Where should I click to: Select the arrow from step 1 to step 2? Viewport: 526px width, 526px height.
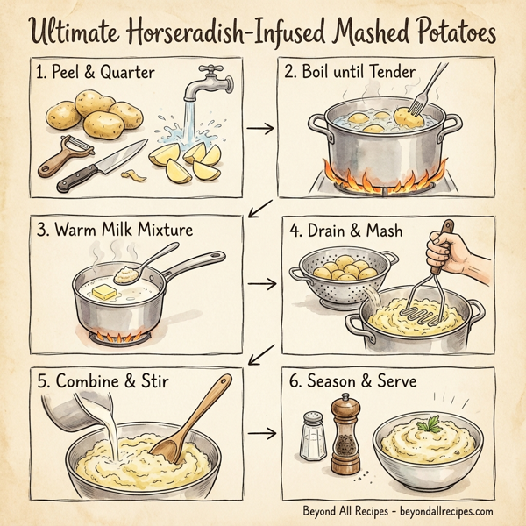coord(259,131)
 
